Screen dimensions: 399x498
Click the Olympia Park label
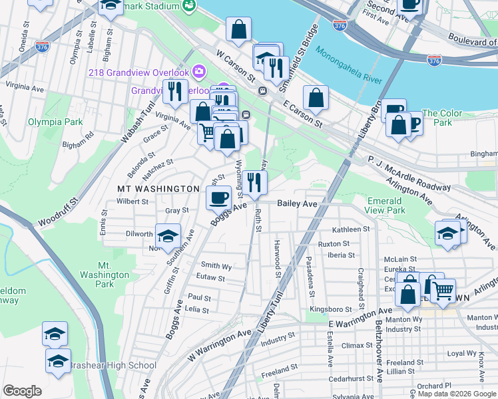(55, 122)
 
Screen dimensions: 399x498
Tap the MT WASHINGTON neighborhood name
(158, 190)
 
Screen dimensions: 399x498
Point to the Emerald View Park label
(385, 205)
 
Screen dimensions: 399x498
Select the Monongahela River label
(349, 65)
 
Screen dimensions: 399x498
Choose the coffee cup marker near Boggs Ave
(218, 197)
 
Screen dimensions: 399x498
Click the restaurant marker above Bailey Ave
(254, 182)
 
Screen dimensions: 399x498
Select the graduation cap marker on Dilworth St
(168, 235)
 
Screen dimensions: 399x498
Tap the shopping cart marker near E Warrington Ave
(442, 290)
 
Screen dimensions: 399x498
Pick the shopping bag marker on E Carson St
(316, 98)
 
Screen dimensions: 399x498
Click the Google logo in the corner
(22, 391)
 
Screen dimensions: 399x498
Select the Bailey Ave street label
(297, 203)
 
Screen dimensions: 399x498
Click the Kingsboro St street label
(330, 310)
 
